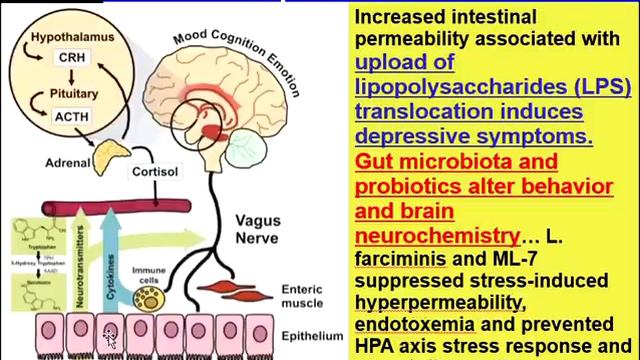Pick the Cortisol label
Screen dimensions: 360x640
click(x=155, y=171)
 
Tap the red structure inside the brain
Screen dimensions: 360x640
click(x=214, y=130)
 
